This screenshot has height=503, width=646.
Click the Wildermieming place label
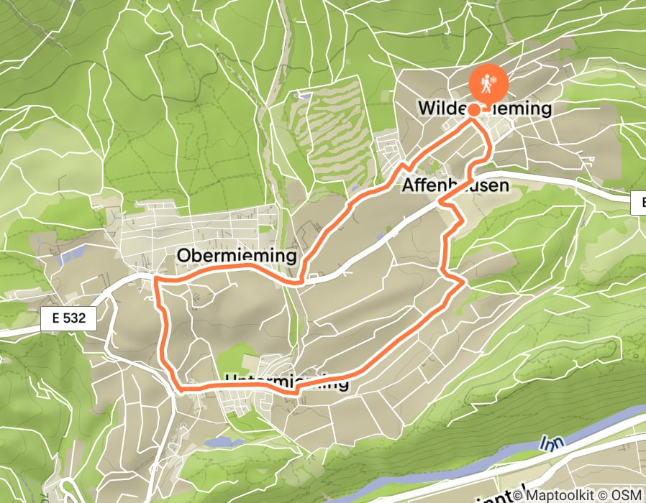click(x=485, y=109)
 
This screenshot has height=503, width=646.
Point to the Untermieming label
click(x=286, y=382)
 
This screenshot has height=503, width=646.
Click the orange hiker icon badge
click(x=489, y=84)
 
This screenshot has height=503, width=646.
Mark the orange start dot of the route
click(x=475, y=110)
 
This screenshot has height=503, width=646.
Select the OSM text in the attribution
click(x=627, y=495)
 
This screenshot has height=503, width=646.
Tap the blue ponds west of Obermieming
click(x=72, y=254)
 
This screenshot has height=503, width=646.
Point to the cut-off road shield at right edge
click(x=639, y=203)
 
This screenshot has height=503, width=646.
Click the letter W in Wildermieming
click(x=426, y=109)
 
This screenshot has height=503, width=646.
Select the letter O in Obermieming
click(x=183, y=257)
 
